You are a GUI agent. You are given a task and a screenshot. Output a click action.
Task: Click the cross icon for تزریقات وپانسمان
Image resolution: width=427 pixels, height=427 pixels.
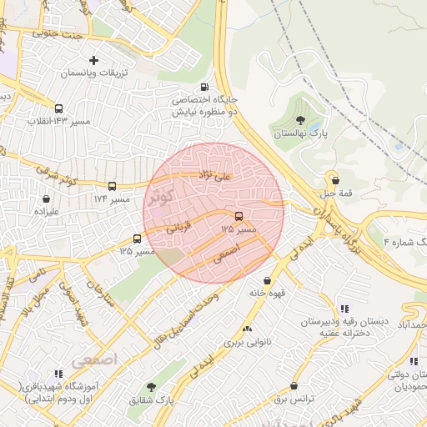(93, 60)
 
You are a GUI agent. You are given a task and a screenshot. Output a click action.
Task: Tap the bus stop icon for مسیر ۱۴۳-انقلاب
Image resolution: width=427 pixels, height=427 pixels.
(58, 108)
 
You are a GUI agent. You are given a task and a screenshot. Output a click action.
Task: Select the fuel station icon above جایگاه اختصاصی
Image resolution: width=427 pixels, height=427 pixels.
(204, 87)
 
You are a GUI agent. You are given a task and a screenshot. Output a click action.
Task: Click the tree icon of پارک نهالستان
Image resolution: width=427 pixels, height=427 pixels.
(300, 121)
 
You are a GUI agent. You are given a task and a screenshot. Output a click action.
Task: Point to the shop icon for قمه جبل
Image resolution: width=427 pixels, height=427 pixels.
(335, 179)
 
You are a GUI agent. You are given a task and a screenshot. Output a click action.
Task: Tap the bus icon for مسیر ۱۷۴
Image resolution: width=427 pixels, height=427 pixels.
(112, 186)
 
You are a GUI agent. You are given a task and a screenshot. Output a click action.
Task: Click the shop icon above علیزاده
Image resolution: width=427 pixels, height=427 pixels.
(45, 199)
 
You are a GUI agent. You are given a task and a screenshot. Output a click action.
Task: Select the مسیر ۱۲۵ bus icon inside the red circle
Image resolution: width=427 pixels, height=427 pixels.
(240, 215)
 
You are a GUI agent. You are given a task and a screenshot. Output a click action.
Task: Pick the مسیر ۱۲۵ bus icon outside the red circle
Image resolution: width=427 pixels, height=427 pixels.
(137, 239)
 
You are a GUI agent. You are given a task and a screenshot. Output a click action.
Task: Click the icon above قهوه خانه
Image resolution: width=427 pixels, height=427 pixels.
(267, 281)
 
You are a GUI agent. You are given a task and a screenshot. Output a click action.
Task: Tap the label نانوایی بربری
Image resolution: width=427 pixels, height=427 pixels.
(242, 343)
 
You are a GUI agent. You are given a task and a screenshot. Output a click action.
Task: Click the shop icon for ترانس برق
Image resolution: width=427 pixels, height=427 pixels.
(294, 386)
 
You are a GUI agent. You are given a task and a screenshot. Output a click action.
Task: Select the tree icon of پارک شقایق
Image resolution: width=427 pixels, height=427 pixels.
(151, 387)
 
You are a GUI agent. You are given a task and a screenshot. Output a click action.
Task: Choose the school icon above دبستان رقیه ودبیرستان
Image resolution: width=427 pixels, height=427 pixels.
(345, 309)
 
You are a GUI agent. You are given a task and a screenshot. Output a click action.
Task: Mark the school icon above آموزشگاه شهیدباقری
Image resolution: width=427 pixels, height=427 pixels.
(58, 374)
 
